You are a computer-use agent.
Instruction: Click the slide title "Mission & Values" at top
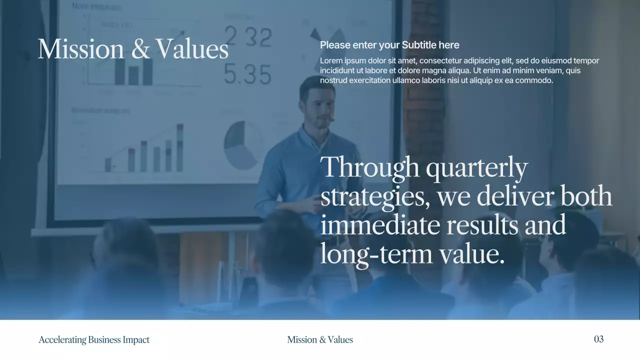pyautogui.click(x=133, y=49)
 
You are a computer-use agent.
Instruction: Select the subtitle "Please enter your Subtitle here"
pyautogui.click(x=389, y=45)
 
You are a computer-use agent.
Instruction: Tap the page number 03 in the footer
pyautogui.click(x=598, y=339)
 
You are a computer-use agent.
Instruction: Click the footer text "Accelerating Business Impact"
pyautogui.click(x=94, y=339)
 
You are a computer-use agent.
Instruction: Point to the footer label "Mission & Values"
pyautogui.click(x=320, y=339)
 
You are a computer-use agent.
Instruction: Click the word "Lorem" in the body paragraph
pyautogui.click(x=331, y=61)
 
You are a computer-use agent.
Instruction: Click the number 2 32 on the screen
pyautogui.click(x=248, y=37)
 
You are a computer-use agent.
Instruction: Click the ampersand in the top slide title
pyautogui.click(x=142, y=49)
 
